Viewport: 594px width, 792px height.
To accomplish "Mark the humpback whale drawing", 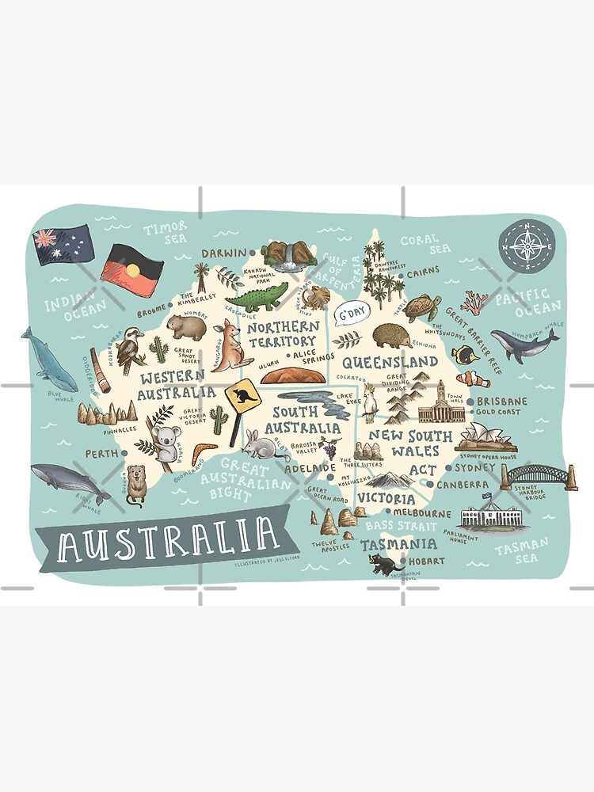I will [x=523, y=343].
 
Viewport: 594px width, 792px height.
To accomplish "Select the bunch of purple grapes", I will [x=329, y=449].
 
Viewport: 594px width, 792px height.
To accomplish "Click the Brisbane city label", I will [x=502, y=402].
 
